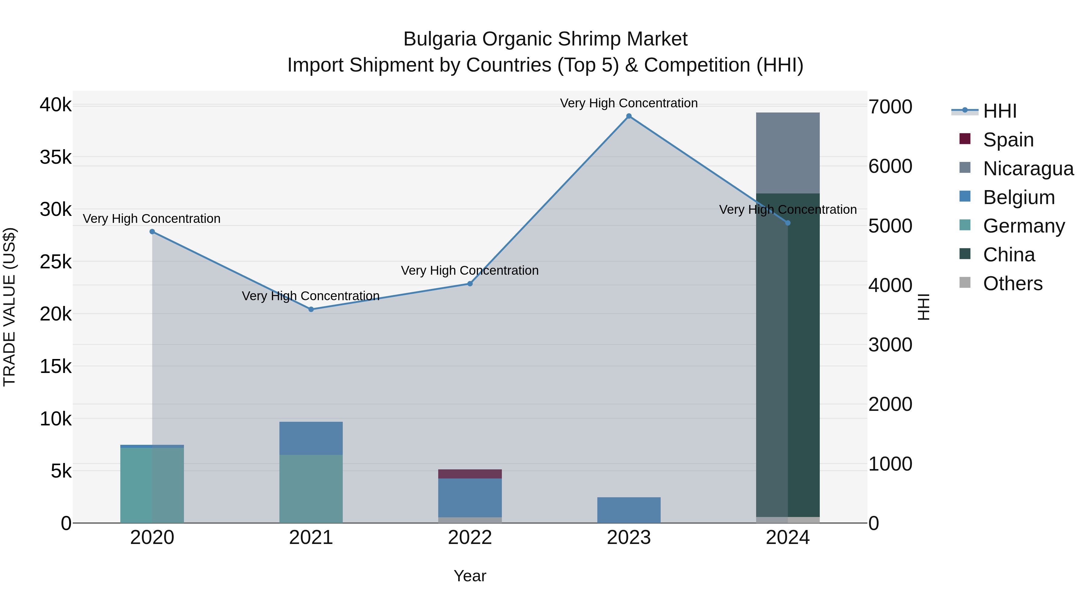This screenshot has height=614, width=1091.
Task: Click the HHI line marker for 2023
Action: (x=629, y=116)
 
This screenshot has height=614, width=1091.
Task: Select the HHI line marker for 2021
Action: (x=311, y=309)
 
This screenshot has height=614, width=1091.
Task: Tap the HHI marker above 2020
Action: (x=152, y=232)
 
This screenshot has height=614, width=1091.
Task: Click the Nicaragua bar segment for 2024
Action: (x=787, y=153)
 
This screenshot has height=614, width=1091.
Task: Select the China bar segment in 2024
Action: (x=787, y=356)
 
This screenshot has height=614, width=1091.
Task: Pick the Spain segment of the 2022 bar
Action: (x=470, y=474)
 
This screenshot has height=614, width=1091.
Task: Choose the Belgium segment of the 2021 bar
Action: (x=311, y=438)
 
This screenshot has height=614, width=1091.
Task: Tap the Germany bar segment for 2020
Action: (x=152, y=485)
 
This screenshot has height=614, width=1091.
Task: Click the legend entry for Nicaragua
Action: (x=1028, y=169)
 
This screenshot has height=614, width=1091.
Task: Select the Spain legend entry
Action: (x=1008, y=140)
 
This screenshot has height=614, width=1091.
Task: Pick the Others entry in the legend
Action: (x=1012, y=284)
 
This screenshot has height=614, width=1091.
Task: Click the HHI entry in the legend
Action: (x=999, y=111)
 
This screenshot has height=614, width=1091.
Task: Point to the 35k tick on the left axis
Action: (x=55, y=158)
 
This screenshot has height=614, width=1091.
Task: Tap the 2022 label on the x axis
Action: (x=470, y=538)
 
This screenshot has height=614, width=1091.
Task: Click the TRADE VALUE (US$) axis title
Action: (x=9, y=307)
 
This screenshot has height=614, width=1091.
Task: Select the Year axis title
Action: (x=470, y=576)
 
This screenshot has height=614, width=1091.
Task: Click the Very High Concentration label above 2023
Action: (x=629, y=103)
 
